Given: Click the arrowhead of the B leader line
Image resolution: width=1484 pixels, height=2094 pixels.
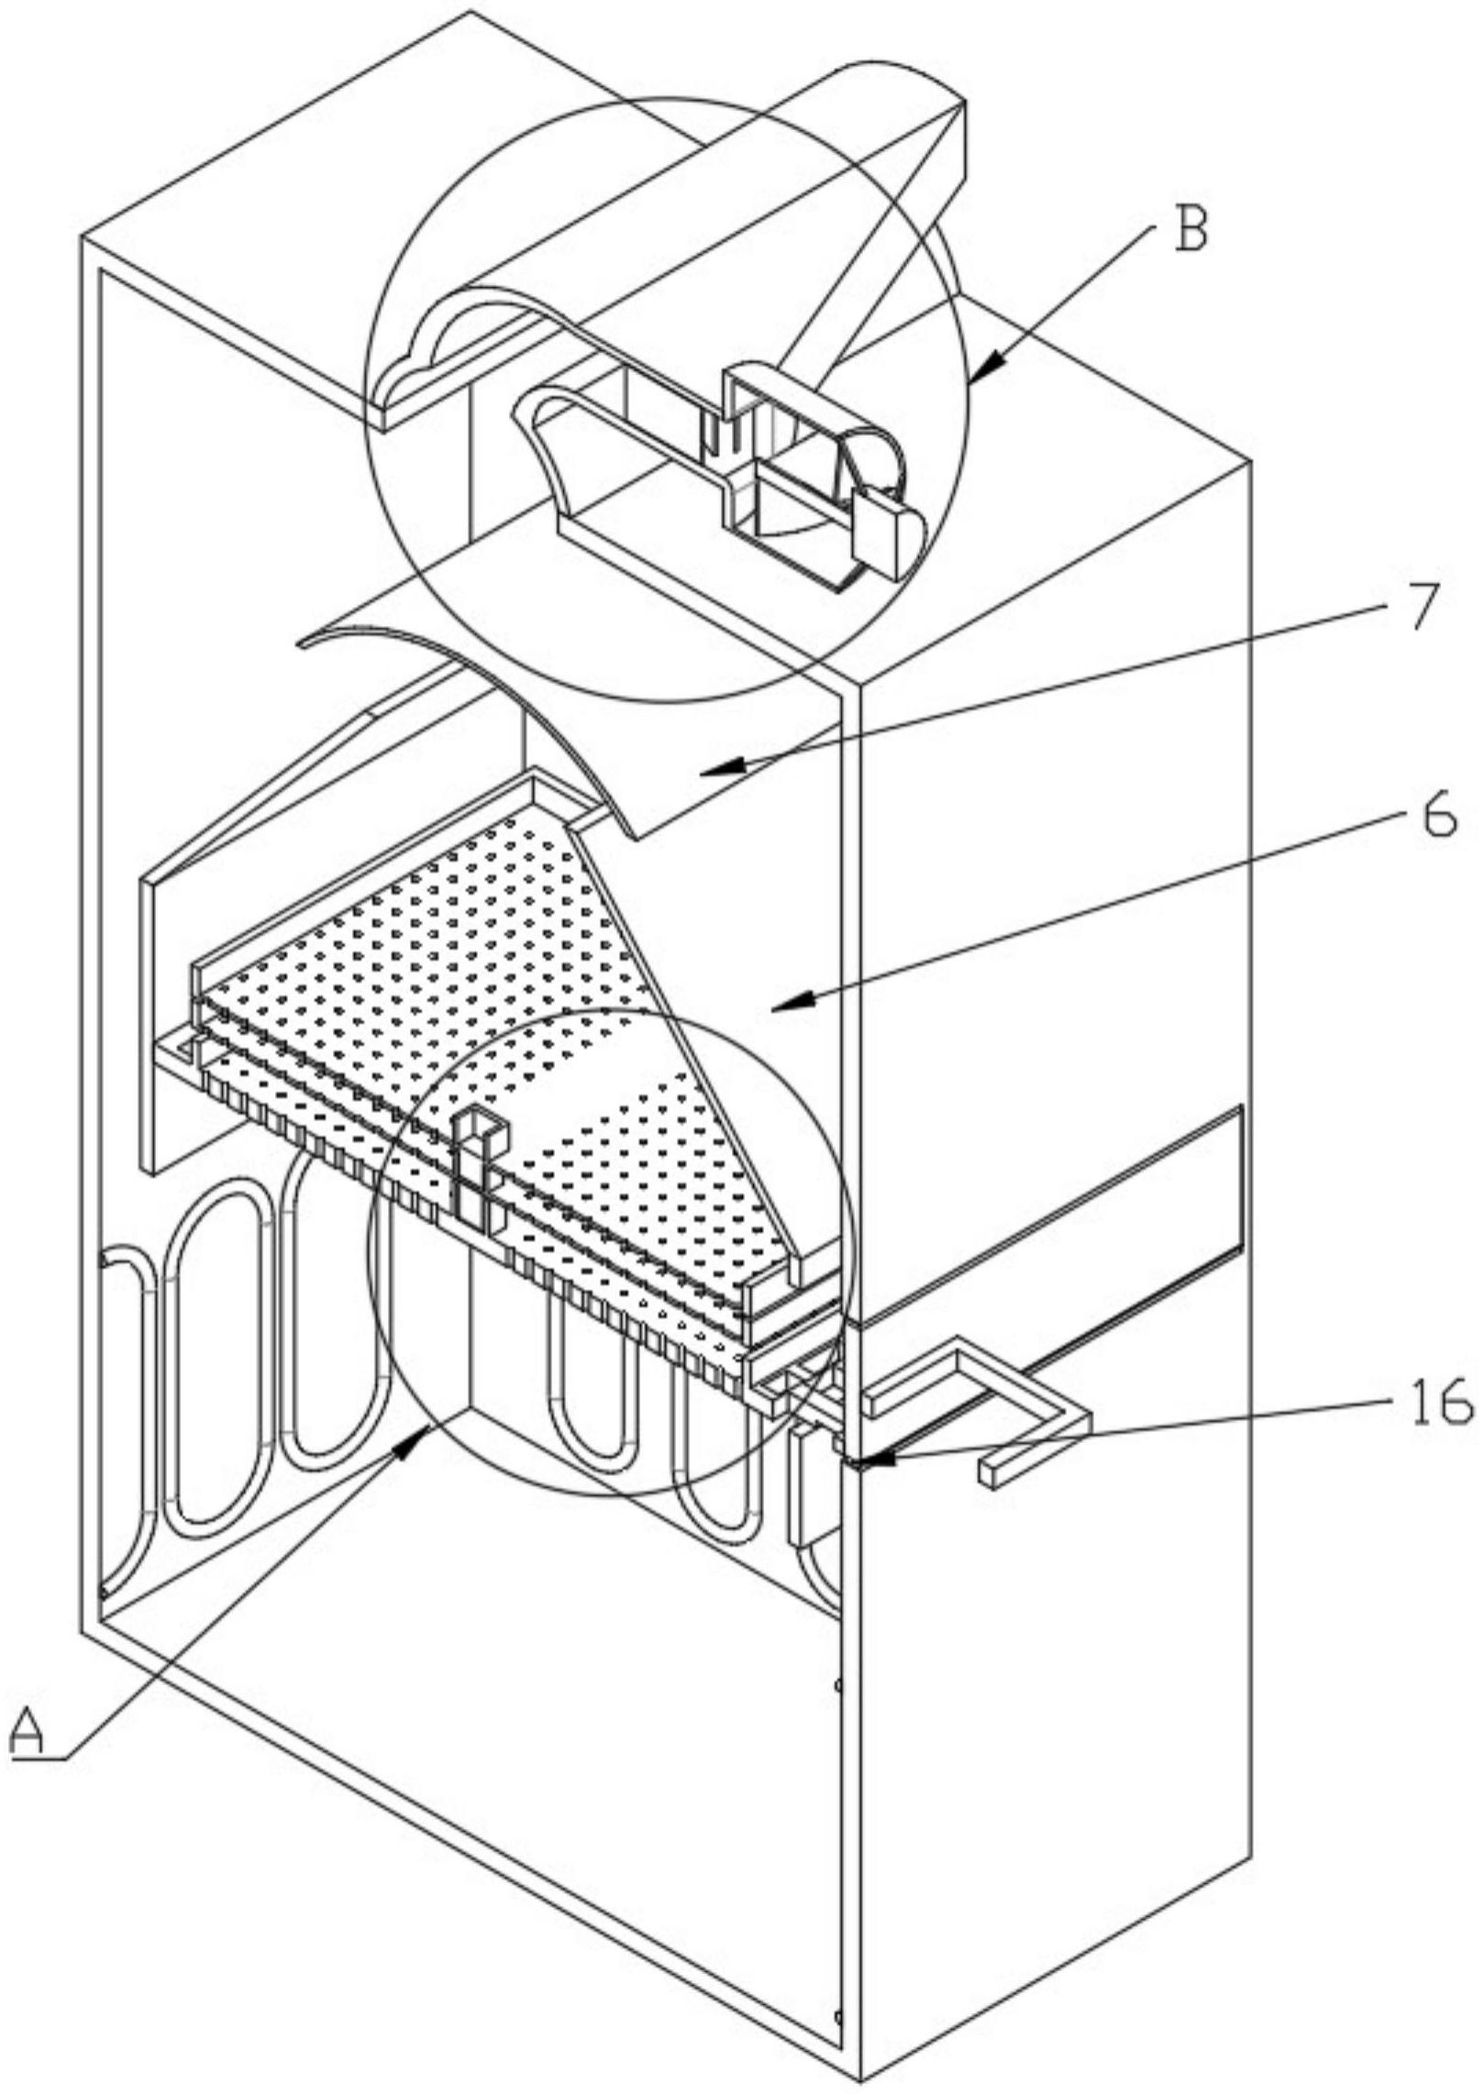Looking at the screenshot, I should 974,378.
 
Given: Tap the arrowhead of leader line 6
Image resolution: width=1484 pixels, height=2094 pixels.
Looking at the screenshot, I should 778,1008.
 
